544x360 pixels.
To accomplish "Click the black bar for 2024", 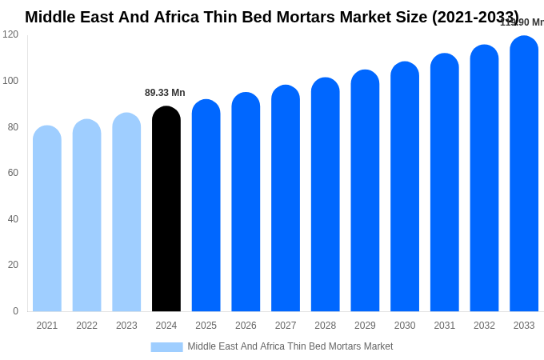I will pyautogui.click(x=166, y=210).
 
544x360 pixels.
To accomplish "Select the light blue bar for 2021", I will pyautogui.click(x=47, y=219).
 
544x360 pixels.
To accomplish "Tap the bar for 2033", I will pyautogui.click(x=524, y=174).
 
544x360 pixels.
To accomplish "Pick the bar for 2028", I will pyautogui.click(x=325, y=195).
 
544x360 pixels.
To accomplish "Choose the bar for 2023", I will pyautogui.click(x=126, y=213).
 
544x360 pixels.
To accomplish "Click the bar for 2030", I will pyautogui.click(x=405, y=187).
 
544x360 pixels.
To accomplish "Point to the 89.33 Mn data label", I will pyautogui.click(x=165, y=93).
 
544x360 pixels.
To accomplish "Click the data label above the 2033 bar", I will pyautogui.click(x=522, y=22).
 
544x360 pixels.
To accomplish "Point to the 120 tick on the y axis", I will pyautogui.click(x=10, y=34).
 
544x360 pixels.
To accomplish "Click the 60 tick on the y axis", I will pyautogui.click(x=13, y=173).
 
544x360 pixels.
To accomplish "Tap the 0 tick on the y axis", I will pyautogui.click(x=15, y=311).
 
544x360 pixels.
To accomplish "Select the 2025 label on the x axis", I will pyautogui.click(x=206, y=326).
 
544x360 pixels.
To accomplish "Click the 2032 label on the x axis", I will pyautogui.click(x=484, y=326).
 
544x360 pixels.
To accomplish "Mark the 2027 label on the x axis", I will pyautogui.click(x=286, y=326).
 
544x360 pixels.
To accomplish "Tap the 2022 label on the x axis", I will pyautogui.click(x=86, y=326).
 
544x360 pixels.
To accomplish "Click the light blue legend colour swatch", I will pyautogui.click(x=166, y=347).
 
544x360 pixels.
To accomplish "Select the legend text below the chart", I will pyautogui.click(x=290, y=346).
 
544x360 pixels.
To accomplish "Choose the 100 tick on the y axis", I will pyautogui.click(x=10, y=81).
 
